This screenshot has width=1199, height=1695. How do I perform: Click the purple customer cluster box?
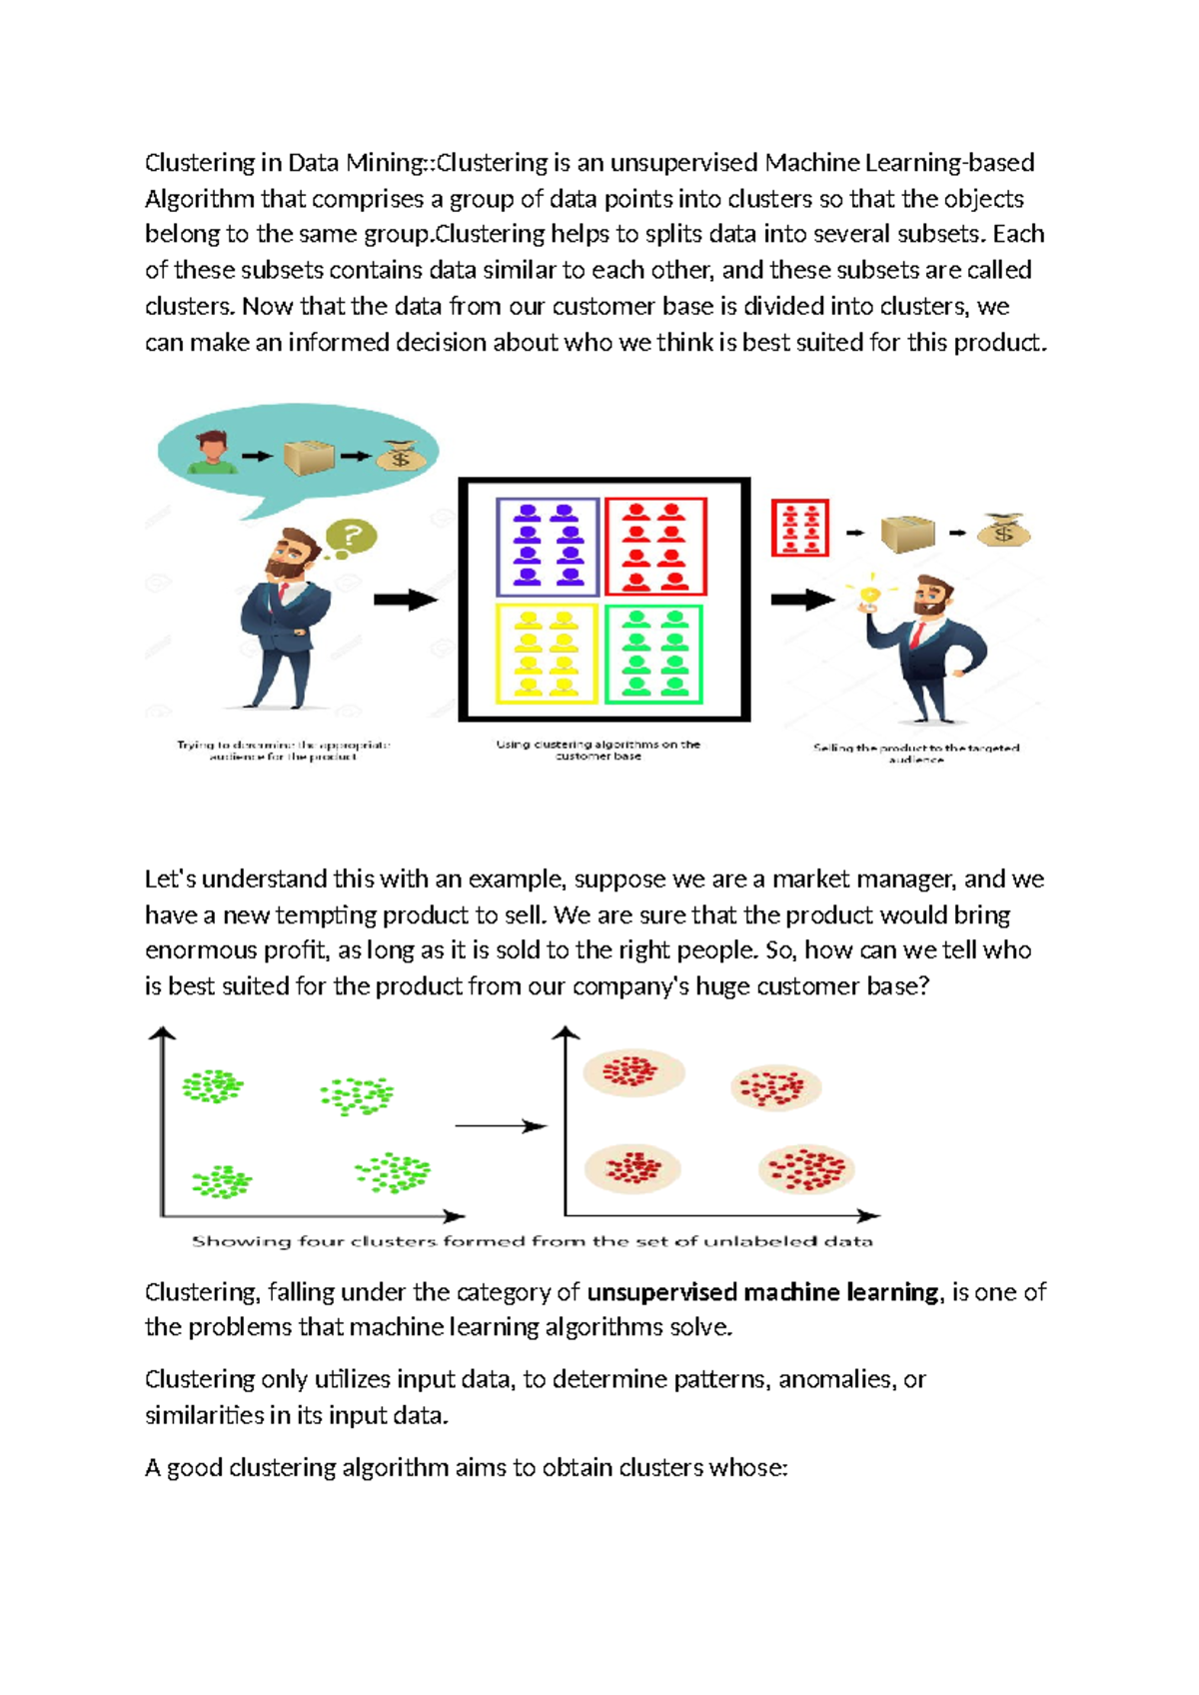tap(548, 547)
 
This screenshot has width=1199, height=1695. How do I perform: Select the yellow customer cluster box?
tap(547, 654)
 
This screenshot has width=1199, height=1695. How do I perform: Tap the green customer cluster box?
tap(654, 654)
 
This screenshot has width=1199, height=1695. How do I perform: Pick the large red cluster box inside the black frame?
tap(655, 547)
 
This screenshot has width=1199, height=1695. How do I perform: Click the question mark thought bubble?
tap(351, 537)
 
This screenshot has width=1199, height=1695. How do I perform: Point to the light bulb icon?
tap(870, 596)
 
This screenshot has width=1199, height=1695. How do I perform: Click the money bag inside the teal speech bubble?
tap(401, 457)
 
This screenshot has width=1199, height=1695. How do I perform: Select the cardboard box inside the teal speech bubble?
tap(308, 458)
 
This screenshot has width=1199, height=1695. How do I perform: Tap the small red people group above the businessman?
tap(799, 528)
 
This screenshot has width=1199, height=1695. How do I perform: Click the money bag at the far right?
tap(1003, 531)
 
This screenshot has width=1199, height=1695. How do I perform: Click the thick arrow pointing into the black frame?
tap(405, 600)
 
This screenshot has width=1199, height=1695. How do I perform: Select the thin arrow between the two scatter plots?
tap(500, 1126)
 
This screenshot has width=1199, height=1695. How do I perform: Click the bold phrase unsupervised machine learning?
tap(763, 1292)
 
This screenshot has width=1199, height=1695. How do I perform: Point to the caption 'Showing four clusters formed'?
tap(532, 1241)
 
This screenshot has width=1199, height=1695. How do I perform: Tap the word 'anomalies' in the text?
tap(836, 1379)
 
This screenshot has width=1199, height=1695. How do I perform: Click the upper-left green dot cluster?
tap(213, 1086)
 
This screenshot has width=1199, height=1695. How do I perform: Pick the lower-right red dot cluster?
tap(806, 1169)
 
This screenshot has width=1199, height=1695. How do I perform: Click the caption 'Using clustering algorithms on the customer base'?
tap(599, 750)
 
